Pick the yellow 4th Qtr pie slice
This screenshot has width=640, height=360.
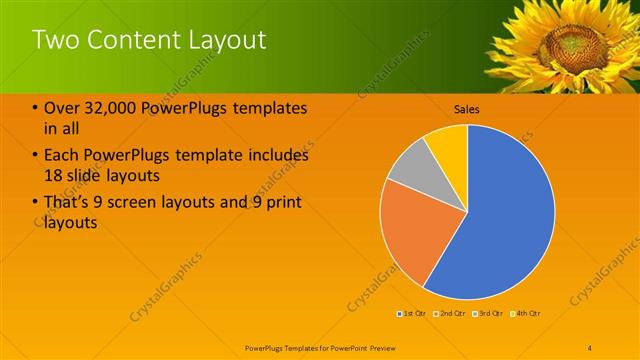[448, 146]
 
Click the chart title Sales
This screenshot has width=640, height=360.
[467, 108]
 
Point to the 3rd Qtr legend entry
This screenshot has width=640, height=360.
[488, 315]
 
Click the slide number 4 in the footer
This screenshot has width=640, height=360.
[590, 347]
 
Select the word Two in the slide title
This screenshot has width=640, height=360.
[53, 40]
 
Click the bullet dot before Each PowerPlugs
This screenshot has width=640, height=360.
[36, 156]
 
